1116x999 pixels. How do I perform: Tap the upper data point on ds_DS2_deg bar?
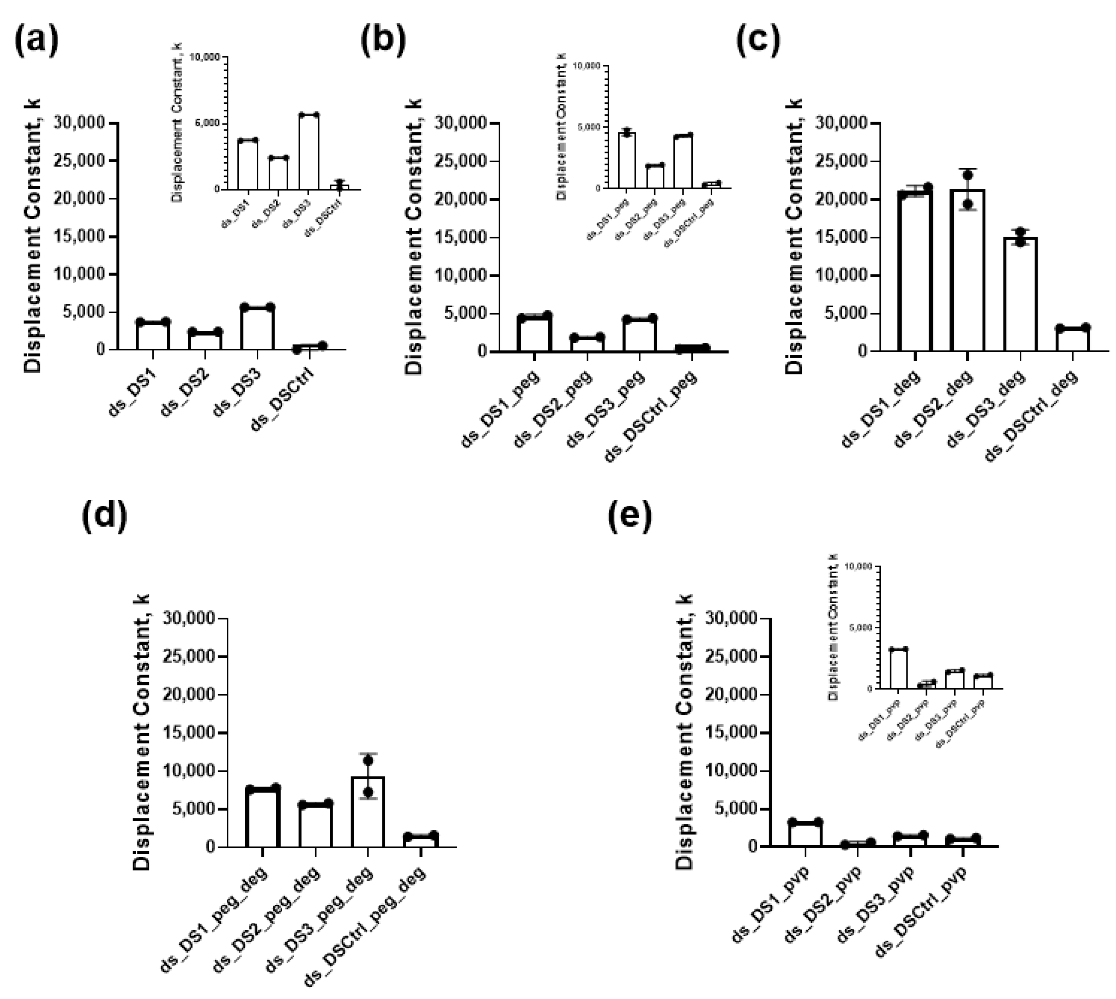967,175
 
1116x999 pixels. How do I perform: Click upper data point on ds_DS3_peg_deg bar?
368,760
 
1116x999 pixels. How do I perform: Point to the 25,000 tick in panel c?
842,161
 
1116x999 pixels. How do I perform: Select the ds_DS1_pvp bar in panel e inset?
898,669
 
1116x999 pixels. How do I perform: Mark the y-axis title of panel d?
142,733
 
